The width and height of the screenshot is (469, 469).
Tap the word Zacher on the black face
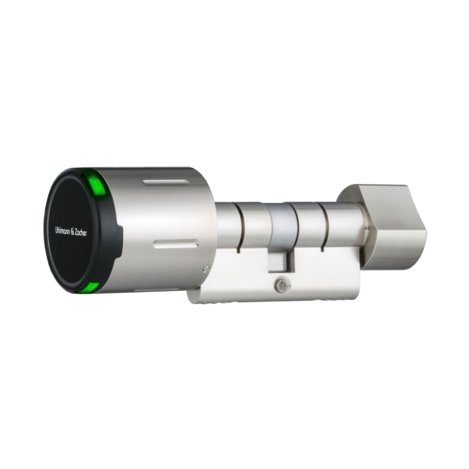coord(81,232)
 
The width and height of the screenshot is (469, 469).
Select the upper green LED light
coord(94,184)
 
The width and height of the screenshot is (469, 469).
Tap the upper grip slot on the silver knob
coord(166,182)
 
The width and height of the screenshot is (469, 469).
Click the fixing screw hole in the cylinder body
coord(282,286)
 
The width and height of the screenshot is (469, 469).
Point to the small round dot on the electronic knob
coord(205,269)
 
